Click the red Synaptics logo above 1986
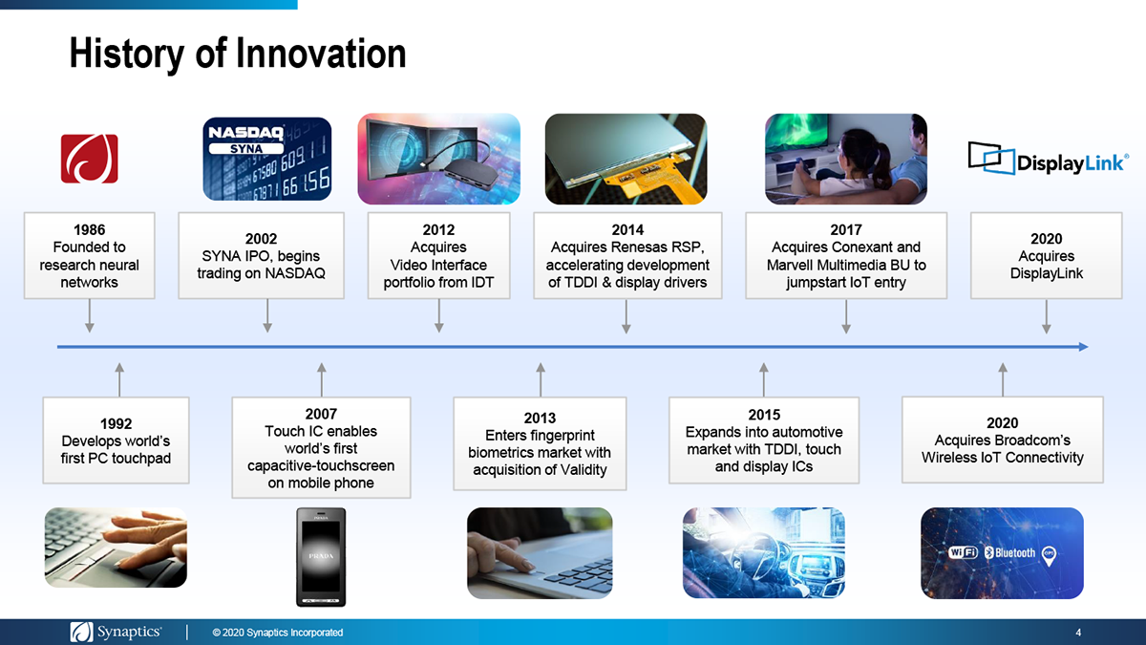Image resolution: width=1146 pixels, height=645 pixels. pos(90,159)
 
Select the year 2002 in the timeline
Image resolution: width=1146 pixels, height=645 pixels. pos(261,239)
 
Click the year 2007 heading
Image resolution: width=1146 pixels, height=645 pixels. pos(321,414)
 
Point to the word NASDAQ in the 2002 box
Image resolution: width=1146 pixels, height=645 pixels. pos(295,273)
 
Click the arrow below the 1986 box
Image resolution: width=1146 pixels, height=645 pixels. pos(90,316)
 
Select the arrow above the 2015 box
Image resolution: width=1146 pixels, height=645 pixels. pos(764,379)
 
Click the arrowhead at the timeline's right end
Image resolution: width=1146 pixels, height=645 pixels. pos(1083,347)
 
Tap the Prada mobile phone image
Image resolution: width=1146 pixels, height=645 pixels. pos(321,557)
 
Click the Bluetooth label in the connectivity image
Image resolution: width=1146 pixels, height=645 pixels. pos(1010,553)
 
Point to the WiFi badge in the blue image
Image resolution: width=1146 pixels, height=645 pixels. pos(963,552)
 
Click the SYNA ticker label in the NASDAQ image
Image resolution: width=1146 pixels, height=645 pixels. pos(246,149)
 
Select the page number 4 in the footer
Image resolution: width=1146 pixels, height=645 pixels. pos(1078,633)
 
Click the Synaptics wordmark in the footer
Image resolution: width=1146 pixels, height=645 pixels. pos(130,632)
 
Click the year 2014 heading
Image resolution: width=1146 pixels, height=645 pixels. pos(627,230)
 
